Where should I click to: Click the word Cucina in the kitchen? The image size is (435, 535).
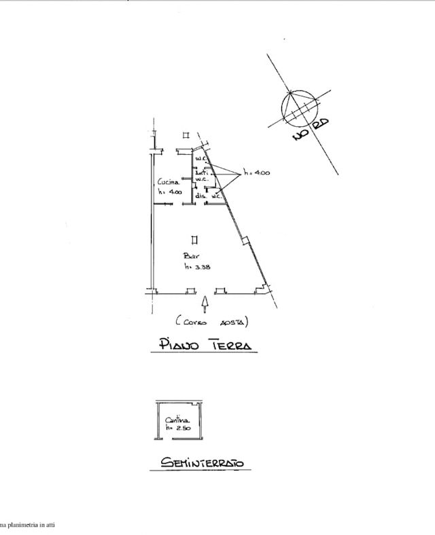pyautogui.click(x=168, y=182)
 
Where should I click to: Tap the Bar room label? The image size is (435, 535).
pyautogui.click(x=191, y=256)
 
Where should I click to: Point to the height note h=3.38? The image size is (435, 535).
pyautogui.click(x=197, y=267)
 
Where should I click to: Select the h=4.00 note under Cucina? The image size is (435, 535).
pyautogui.click(x=169, y=192)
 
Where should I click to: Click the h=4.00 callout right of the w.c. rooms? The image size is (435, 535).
pyautogui.click(x=256, y=173)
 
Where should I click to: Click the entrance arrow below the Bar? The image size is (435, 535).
pyautogui.click(x=205, y=302)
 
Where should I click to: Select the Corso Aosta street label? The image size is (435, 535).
pyautogui.click(x=211, y=321)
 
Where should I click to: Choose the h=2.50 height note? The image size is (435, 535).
pyautogui.click(x=175, y=429)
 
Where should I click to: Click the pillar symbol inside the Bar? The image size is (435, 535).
pyautogui.click(x=195, y=239)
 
